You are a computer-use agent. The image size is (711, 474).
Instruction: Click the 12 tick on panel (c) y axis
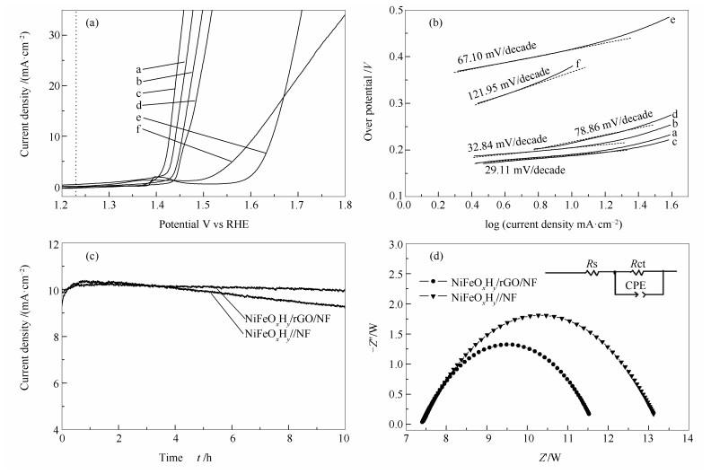50,244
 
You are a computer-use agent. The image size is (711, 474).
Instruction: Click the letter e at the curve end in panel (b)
672,19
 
